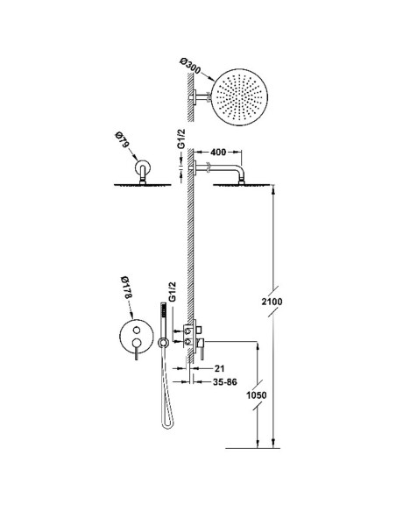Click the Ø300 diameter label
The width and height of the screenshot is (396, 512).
[191, 67]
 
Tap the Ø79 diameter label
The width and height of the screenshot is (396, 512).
[122, 141]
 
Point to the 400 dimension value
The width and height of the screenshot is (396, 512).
[218, 153]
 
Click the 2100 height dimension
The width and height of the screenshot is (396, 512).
[272, 302]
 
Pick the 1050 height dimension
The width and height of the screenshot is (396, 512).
[256, 395]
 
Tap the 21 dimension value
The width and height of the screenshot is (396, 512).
[220, 368]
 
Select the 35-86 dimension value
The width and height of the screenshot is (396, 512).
[225, 381]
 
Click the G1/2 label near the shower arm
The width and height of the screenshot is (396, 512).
[181, 139]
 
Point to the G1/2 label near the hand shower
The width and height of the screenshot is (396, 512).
[173, 292]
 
